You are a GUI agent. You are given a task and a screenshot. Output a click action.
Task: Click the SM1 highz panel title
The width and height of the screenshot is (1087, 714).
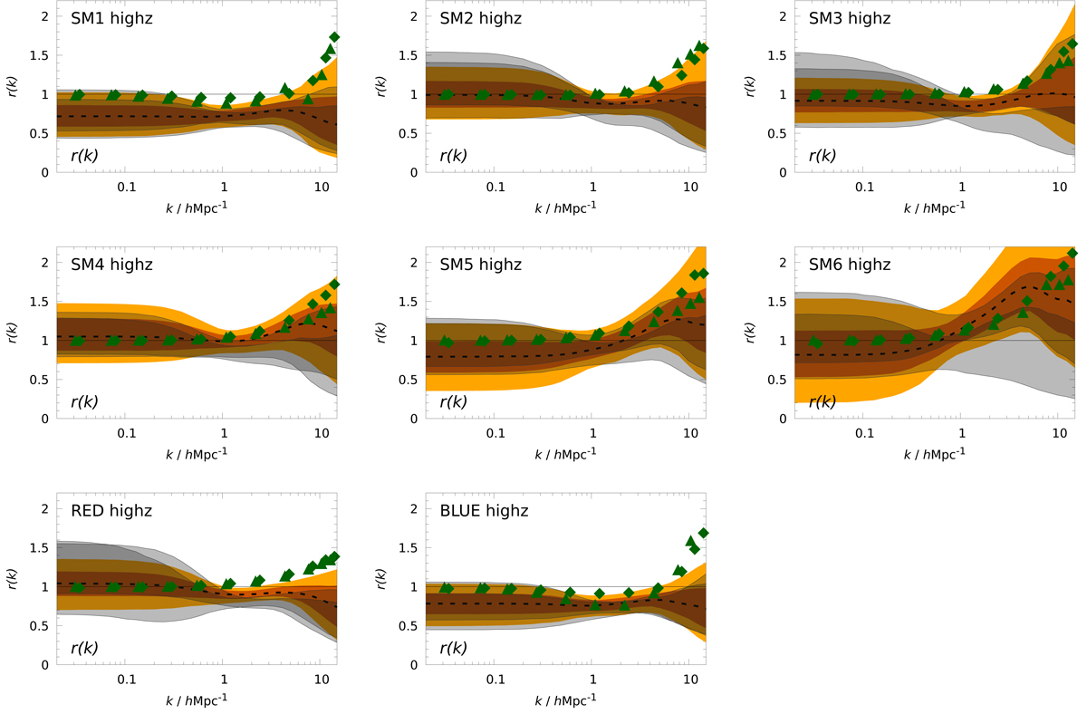111,18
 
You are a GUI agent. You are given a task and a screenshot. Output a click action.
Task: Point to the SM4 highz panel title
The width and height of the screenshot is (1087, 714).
111,265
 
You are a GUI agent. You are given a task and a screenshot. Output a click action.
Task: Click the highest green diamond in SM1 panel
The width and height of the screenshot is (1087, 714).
334,37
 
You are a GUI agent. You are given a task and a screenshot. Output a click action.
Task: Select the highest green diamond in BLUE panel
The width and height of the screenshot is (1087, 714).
703,533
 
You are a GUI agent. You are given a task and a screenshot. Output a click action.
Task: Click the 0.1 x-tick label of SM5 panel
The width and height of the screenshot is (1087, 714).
495,433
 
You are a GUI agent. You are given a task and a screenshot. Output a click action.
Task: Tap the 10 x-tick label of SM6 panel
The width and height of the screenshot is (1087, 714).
1059,433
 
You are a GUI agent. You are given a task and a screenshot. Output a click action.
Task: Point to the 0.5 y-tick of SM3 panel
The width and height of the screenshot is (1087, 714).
778,133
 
